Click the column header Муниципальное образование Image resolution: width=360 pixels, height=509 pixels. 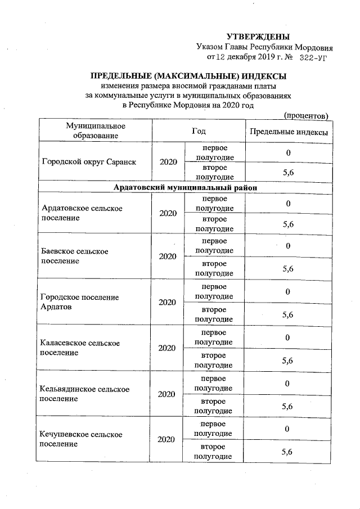pos(95,130)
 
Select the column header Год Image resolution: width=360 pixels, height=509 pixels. pos(198,130)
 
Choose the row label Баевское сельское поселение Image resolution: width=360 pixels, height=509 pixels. pos(75,256)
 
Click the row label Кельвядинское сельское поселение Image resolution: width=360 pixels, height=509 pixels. pos(85,394)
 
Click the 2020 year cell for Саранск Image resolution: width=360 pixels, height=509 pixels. pos(168,162)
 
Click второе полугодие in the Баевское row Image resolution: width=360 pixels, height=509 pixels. pos(214,268)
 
